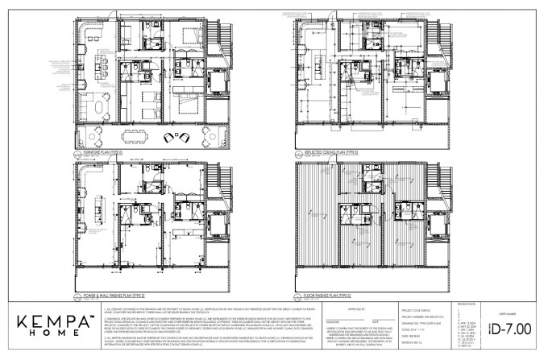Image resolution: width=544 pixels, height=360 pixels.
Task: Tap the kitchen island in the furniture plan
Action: (x=104, y=66)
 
